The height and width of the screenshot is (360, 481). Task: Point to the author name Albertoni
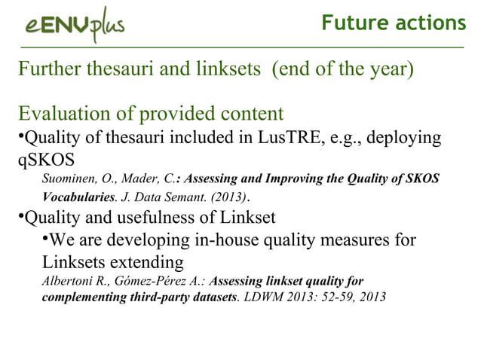[67, 282]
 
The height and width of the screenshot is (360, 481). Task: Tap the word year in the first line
[384, 73]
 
